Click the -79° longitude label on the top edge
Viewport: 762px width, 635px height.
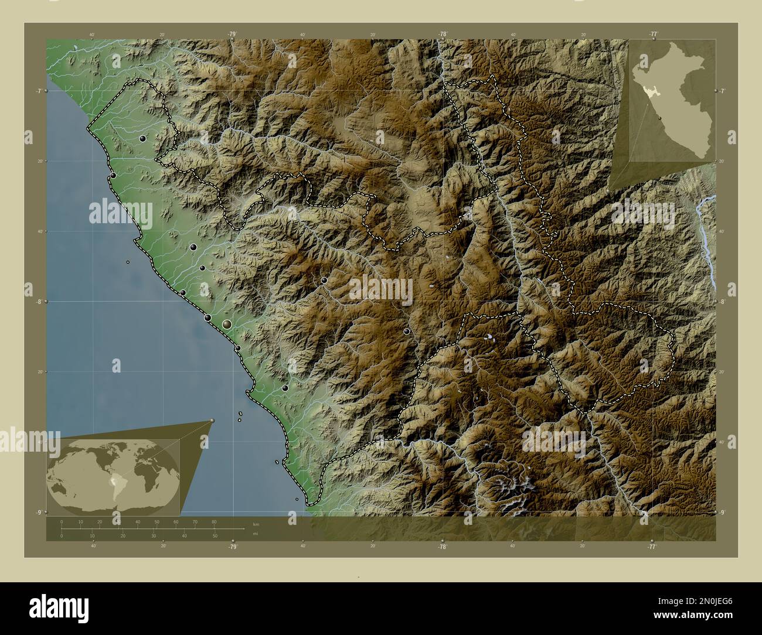click(233, 35)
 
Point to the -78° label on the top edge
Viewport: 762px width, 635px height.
click(443, 35)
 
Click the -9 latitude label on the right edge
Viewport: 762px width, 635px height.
click(723, 513)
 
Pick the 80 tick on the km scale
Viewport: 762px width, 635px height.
click(214, 521)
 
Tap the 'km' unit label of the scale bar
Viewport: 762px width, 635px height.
click(255, 524)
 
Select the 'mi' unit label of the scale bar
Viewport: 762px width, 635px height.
click(255, 534)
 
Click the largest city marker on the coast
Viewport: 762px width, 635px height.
click(227, 324)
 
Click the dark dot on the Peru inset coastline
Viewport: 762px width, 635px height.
click(661, 118)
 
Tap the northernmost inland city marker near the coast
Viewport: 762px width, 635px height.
click(142, 139)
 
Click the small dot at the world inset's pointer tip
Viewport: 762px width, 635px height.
click(212, 420)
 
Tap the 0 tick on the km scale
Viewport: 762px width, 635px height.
click(62, 521)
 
